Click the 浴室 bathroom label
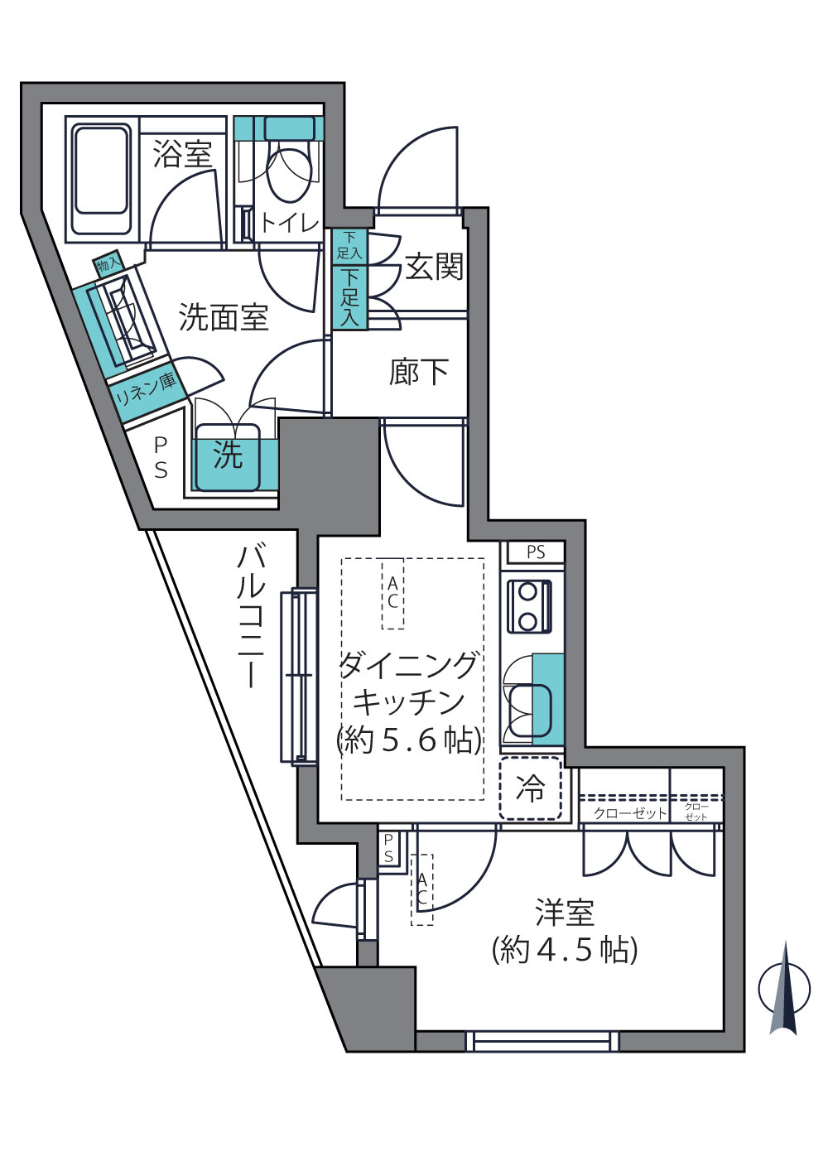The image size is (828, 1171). coord(182,154)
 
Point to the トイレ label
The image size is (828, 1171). coord(290,224)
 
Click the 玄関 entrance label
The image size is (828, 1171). coord(435,267)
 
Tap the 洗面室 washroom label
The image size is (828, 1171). coord(224,317)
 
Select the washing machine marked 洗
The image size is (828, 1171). coord(228,457)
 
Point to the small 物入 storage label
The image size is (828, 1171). coord(108,267)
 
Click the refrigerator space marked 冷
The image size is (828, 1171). coord(531,788)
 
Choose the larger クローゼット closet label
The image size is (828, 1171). coord(630,813)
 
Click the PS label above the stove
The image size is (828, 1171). coord(536,552)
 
